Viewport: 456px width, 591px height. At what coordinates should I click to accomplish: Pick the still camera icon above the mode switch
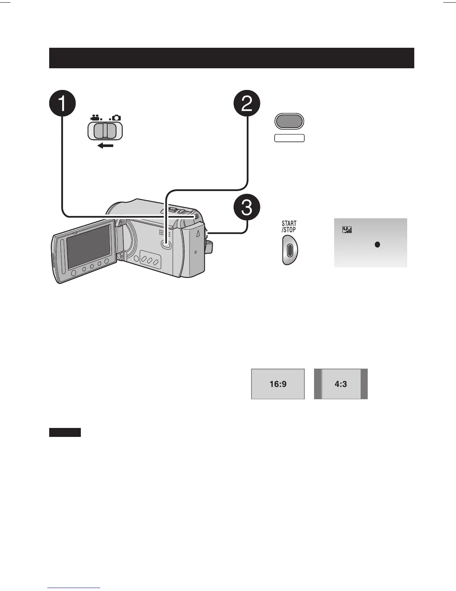click(x=116, y=118)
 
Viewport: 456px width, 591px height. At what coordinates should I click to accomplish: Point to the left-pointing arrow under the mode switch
click(x=105, y=146)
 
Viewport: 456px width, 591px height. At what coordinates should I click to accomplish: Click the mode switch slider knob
click(x=105, y=131)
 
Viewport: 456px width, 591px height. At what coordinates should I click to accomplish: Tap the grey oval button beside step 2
click(x=289, y=121)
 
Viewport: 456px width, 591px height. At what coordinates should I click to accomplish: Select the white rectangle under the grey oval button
click(x=289, y=138)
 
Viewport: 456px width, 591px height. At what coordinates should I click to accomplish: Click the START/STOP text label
click(x=289, y=227)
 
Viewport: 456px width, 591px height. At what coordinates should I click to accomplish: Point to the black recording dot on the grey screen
click(x=377, y=245)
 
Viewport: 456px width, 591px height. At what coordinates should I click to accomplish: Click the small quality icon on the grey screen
click(x=347, y=231)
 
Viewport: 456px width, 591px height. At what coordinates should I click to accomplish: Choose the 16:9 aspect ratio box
click(x=278, y=384)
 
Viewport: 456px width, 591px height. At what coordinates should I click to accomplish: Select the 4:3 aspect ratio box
click(x=341, y=384)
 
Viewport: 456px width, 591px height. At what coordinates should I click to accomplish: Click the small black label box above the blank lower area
click(x=65, y=432)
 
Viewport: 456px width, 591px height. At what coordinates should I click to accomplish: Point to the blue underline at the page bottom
click(x=74, y=588)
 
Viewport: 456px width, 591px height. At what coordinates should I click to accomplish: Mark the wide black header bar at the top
click(x=231, y=58)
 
